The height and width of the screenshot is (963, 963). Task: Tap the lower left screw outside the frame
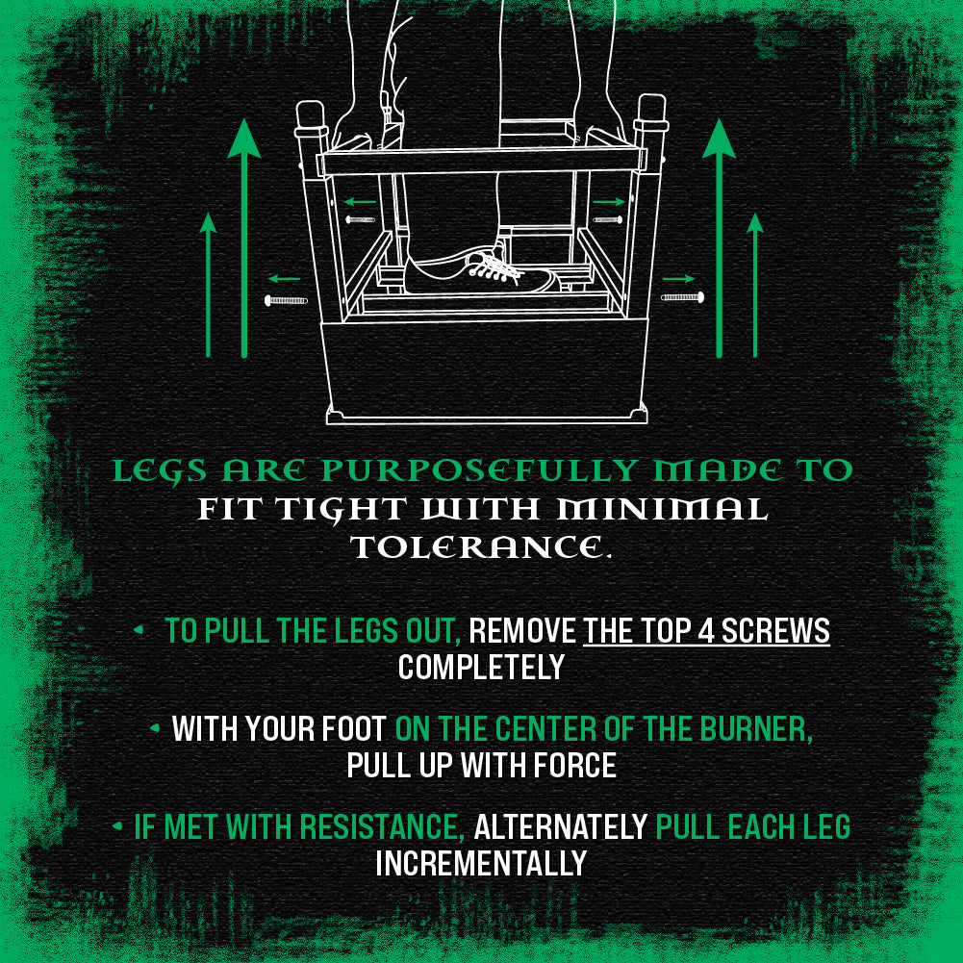286,300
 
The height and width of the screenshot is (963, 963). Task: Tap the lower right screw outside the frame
682,297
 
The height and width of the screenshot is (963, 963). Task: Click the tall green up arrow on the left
244,239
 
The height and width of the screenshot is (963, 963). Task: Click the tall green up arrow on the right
719,239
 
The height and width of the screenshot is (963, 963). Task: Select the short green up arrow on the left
208,285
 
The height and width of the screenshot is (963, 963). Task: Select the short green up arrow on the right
755,285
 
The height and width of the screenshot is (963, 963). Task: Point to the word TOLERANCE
481,547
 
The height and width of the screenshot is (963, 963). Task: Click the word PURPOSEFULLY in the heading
479,471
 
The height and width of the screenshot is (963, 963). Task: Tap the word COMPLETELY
481,668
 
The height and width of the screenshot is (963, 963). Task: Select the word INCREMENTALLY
481,864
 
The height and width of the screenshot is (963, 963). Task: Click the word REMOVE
522,631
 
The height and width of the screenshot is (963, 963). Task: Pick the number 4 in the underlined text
705,631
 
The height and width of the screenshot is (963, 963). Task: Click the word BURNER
756,729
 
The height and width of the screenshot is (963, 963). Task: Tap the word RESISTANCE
382,826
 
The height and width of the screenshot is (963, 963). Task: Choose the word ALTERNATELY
561,826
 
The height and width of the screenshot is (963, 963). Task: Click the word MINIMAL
662,509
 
